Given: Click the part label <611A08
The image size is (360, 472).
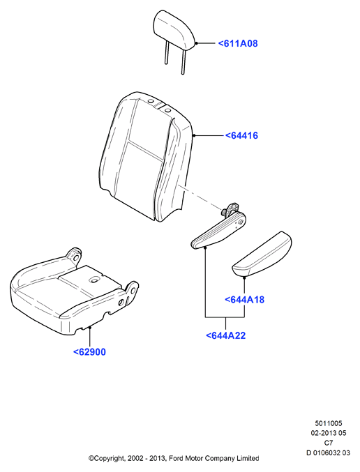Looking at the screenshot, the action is [238, 43].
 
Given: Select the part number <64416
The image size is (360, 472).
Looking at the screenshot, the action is [241, 135].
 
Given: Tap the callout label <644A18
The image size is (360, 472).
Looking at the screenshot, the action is [245, 300].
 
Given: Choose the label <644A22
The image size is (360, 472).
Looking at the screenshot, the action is [225, 335].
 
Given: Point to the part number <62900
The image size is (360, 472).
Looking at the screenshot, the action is [90, 352].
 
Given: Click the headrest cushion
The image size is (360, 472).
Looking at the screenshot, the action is [174, 29].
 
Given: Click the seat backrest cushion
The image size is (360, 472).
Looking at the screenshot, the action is [146, 157].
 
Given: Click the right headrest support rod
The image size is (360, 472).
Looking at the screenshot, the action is [183, 62].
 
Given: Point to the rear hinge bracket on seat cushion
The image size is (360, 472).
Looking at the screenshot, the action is [75, 257].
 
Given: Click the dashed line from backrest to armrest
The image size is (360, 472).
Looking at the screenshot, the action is [201, 198].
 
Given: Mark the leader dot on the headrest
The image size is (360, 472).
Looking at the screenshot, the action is [196, 43].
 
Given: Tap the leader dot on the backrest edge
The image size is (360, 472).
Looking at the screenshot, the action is [194, 135].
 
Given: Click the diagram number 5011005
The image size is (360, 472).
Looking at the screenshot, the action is [329, 423].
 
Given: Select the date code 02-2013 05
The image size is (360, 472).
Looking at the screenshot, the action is [329, 433].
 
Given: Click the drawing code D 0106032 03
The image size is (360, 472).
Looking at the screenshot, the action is [329, 452].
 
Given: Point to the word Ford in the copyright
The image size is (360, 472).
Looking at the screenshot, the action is [175, 459].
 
